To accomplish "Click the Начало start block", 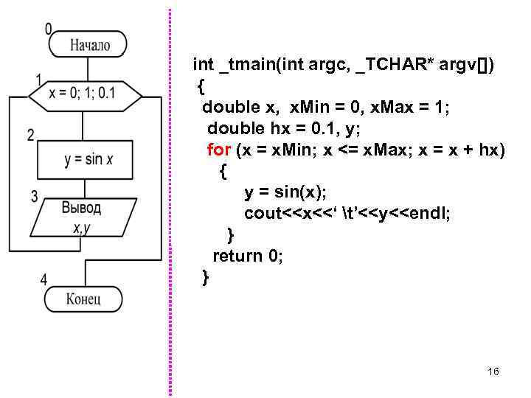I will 88,44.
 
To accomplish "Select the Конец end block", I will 83,299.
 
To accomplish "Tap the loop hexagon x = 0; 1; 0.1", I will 84,93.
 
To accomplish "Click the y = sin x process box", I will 88,160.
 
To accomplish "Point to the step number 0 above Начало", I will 49,29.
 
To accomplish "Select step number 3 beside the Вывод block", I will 35,197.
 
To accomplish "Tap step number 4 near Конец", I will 44,279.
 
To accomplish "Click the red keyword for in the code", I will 219,150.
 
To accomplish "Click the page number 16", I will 493,371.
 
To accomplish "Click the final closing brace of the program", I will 205,277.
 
